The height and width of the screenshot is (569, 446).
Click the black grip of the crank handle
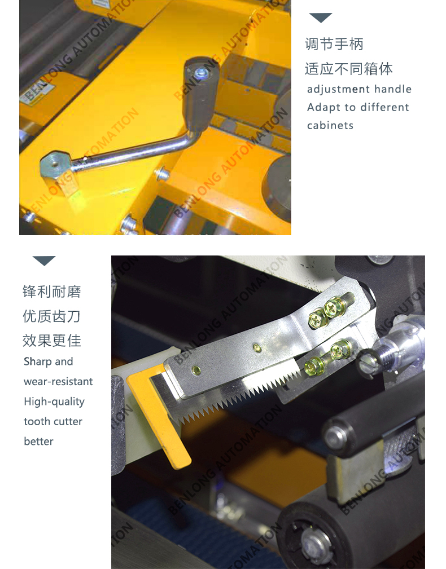(x=201, y=94)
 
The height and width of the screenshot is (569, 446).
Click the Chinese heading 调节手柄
(x=334, y=44)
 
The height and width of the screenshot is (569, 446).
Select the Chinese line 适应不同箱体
(x=349, y=69)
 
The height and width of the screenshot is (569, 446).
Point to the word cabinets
(x=330, y=125)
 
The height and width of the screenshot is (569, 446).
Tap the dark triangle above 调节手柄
(x=320, y=17)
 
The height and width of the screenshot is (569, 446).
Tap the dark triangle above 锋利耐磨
(x=44, y=261)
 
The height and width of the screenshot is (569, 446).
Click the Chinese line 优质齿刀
(x=51, y=316)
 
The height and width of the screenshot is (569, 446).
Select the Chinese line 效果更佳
(x=51, y=341)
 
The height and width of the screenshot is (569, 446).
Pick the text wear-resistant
(x=58, y=381)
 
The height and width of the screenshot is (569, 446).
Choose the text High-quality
(x=54, y=402)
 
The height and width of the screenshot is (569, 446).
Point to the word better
(x=38, y=441)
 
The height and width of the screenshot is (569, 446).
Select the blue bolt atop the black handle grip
(x=200, y=74)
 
